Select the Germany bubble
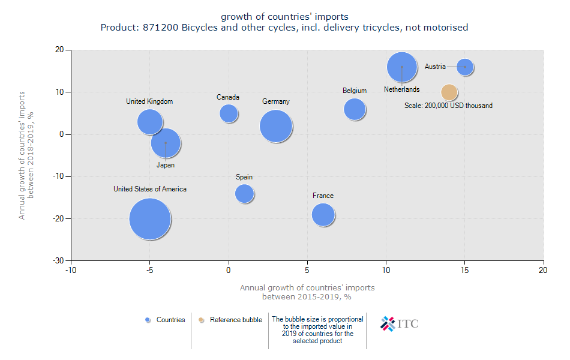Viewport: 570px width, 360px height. (276, 126)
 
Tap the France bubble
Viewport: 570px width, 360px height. (323, 214)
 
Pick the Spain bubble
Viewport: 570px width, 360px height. (244, 193)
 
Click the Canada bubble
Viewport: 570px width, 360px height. (229, 113)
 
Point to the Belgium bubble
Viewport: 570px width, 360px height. (355, 109)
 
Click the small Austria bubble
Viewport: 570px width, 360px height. (465, 67)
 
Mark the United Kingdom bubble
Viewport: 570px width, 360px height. (149, 121)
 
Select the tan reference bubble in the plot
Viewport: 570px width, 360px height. (449, 92)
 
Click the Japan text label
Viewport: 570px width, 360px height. (165, 165)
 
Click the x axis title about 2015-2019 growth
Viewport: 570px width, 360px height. (307, 292)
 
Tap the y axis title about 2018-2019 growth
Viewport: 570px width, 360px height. (26, 155)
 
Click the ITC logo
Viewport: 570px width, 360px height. (400, 324)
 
